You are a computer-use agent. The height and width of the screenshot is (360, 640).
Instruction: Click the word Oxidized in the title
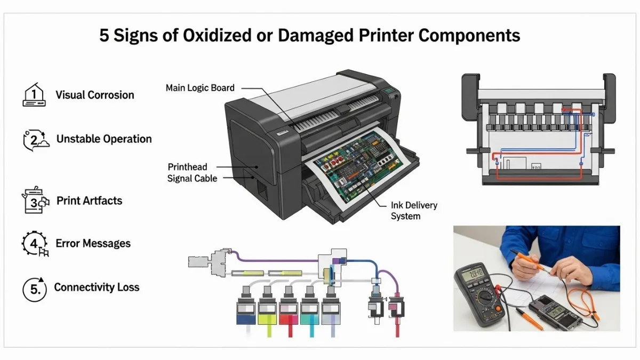tap(217, 35)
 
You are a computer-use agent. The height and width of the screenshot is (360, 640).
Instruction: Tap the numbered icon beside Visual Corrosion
tap(34, 94)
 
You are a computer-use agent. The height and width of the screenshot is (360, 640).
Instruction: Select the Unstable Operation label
tap(104, 139)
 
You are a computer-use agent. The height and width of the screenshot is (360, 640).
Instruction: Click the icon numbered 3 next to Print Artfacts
tap(35, 200)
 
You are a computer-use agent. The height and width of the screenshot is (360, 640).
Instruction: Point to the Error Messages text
tap(93, 243)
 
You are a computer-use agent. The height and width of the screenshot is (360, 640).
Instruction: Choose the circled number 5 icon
tap(34, 289)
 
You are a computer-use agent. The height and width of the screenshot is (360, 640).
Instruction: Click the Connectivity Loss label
tap(97, 287)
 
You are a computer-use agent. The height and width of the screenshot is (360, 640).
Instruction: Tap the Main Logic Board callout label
tap(200, 87)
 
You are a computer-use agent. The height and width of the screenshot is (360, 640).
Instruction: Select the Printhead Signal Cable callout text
tap(193, 173)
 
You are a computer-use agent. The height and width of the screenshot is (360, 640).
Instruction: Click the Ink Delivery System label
tap(414, 211)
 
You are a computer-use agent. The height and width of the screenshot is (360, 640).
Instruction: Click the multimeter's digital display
tap(473, 273)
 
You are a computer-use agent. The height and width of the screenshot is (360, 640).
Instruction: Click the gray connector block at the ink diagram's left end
tap(198, 262)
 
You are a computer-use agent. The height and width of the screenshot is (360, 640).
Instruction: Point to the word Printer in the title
tap(386, 35)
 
